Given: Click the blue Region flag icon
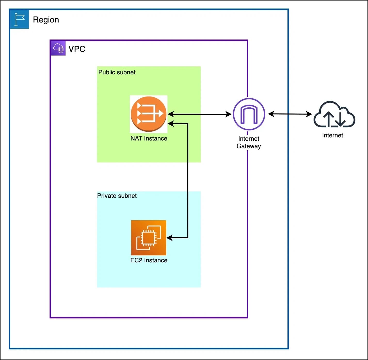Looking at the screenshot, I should [19, 19].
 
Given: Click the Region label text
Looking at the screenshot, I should [46, 20].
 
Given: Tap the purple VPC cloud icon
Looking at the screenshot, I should [58, 48].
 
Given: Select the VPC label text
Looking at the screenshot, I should [77, 49].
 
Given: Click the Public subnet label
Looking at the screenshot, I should [117, 72].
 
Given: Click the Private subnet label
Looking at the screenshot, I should [117, 196].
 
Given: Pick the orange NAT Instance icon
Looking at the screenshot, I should [149, 114].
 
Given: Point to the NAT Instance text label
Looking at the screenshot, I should [149, 138].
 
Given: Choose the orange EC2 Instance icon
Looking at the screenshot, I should [149, 238].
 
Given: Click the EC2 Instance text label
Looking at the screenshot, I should [149, 260].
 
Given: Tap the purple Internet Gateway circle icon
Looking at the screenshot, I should [249, 114].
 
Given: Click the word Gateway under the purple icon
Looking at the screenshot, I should [249, 146].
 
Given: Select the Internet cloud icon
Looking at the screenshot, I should [334, 115].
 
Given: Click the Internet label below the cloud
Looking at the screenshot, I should [333, 135].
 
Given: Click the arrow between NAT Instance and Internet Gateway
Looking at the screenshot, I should [199, 114].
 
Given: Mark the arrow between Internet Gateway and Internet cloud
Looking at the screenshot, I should [290, 114].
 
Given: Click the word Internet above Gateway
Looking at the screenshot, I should [249, 139].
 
